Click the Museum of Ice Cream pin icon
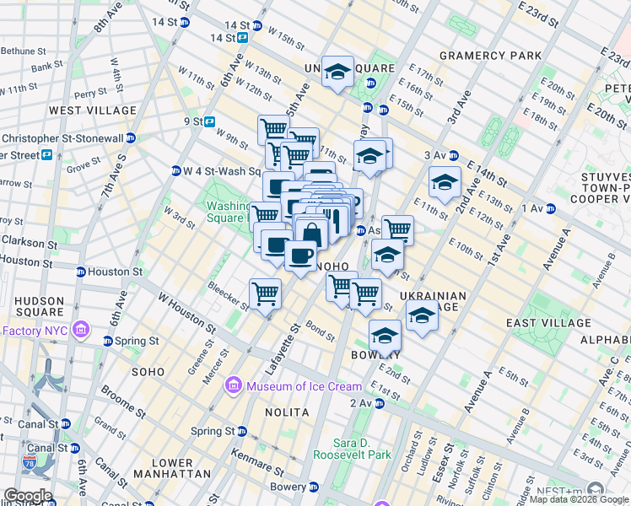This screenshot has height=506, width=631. point(233,386)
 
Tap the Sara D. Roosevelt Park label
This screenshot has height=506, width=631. point(352,449)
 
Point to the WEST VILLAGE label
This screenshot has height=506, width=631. point(93,110)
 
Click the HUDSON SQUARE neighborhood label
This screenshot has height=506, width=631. point(39,307)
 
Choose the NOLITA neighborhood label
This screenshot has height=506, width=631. point(288,412)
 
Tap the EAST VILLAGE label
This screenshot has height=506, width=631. point(548,323)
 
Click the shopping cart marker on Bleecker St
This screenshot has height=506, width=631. point(266,294)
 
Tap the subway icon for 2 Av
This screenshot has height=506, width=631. point(380,404)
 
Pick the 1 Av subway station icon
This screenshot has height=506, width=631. point(550,208)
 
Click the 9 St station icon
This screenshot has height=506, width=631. point(209,121)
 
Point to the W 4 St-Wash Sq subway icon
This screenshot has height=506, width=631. point(176,170)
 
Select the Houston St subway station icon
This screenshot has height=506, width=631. point(81,272)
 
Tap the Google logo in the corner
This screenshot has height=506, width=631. point(28,496)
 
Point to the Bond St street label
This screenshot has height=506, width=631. point(321,328)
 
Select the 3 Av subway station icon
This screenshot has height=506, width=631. point(453,155)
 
